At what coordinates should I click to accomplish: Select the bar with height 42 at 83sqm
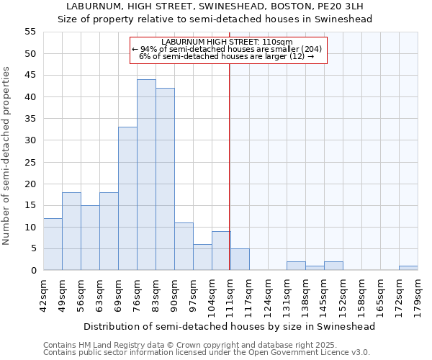[165, 179]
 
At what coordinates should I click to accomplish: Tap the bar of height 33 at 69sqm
[127, 199]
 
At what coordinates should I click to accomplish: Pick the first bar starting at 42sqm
[53, 244]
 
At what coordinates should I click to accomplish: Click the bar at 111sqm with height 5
[240, 259]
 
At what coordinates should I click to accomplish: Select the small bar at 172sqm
[408, 268]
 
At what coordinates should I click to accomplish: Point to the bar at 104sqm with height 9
[221, 251]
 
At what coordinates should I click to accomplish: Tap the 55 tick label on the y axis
[30, 32]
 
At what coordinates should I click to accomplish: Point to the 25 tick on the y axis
[30, 162]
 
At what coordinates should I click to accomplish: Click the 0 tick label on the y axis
[32, 271]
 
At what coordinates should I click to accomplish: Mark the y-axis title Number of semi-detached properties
[6, 155]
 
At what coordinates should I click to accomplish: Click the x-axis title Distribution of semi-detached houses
[230, 326]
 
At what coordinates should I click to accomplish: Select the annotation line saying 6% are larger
[226, 56]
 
